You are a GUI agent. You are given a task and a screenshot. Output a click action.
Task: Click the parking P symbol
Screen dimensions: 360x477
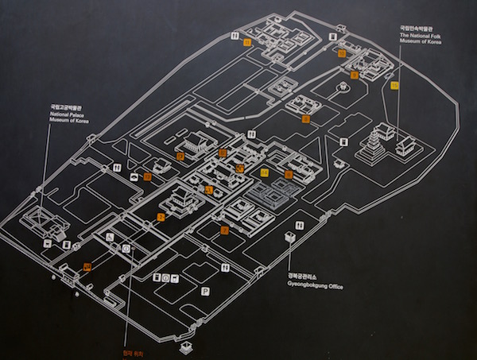click(205, 292)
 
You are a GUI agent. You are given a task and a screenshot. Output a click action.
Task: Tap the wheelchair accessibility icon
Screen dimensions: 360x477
click(110, 237)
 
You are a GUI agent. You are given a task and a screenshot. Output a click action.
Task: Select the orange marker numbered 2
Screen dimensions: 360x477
click(161, 216)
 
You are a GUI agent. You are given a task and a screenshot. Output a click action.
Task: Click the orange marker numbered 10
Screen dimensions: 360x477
click(342, 54)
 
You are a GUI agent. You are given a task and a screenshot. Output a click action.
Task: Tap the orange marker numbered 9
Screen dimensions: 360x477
click(355, 75)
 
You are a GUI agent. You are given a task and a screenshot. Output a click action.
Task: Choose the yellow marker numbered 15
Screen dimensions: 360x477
click(394, 85)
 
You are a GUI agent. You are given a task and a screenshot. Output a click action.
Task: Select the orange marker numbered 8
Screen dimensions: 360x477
click(306, 119)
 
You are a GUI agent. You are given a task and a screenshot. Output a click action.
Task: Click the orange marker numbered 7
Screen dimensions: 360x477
click(289, 174)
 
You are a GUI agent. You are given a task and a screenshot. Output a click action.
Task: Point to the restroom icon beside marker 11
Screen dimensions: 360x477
click(233, 36)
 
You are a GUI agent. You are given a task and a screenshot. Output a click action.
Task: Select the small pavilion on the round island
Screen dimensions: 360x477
click(343, 88)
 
